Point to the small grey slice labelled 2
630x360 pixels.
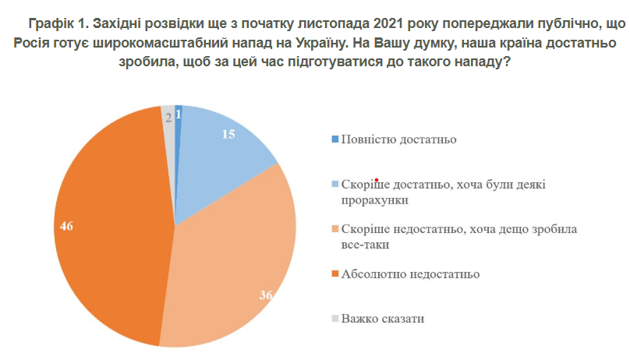pos(169,117)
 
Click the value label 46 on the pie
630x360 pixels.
pos(66,226)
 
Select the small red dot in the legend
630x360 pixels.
pos(377,178)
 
